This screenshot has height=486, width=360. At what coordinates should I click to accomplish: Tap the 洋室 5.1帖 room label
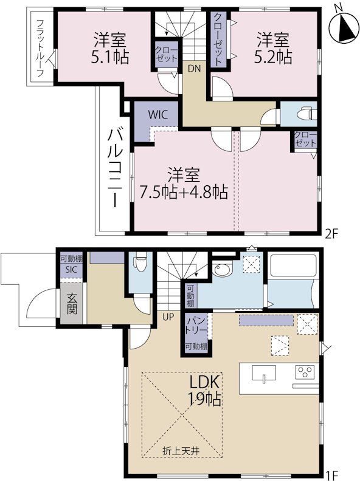(109, 49)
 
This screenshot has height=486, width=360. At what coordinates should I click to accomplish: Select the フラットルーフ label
(40, 48)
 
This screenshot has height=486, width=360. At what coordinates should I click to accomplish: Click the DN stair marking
(193, 69)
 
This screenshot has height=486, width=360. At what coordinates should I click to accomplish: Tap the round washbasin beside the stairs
(220, 270)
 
